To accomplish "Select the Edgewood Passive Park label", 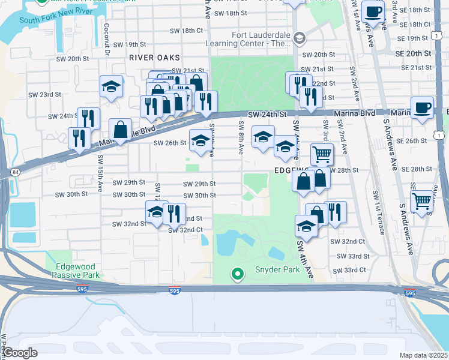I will pyautogui.click(x=76, y=271).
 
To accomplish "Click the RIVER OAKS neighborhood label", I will pyautogui.click(x=151, y=57).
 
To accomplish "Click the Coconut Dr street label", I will pyautogui.click(x=106, y=40).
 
